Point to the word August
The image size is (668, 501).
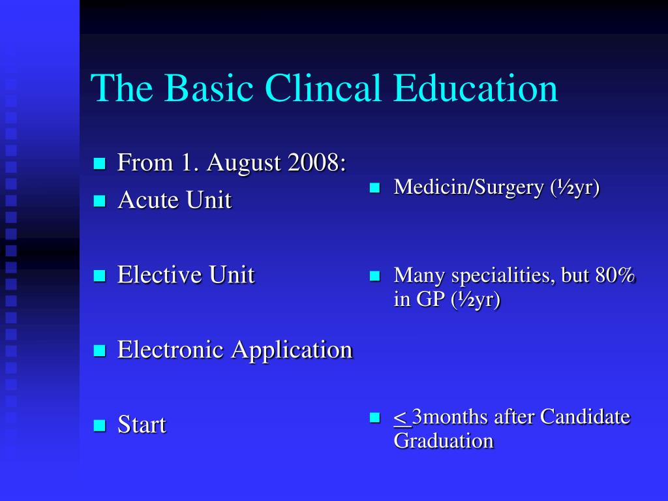(x=244, y=162)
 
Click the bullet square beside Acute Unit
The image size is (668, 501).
(x=99, y=201)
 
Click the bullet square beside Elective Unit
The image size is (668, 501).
(x=99, y=276)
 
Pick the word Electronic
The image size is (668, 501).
(x=172, y=350)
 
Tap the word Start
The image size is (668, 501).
(x=142, y=425)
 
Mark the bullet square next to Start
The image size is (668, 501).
(x=99, y=426)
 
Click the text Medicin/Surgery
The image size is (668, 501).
(x=468, y=188)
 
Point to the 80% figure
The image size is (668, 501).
(x=615, y=275)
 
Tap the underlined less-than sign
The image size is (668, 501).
(x=401, y=417)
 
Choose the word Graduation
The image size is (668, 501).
(x=444, y=440)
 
